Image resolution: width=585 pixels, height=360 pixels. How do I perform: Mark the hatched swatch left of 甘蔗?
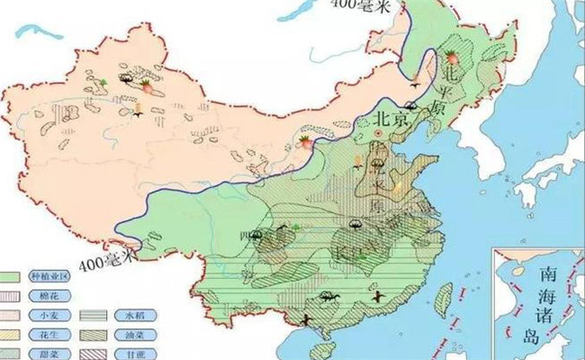[x=93, y=352]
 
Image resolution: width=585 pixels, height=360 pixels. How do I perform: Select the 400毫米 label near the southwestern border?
[x=105, y=262]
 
